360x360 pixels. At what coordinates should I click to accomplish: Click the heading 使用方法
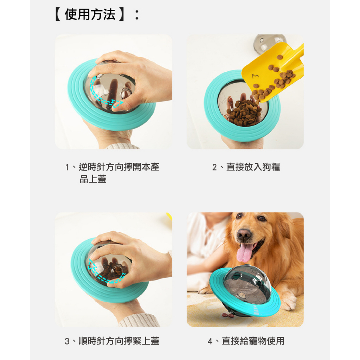(90, 15)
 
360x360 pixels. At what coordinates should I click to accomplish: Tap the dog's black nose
(244, 234)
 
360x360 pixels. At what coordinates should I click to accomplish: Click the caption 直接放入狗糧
(253, 167)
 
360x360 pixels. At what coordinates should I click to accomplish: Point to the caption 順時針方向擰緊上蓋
(117, 341)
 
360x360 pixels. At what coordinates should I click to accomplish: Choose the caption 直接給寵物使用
(253, 341)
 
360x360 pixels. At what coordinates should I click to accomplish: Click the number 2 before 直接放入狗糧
(215, 167)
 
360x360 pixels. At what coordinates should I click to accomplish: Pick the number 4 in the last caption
(210, 341)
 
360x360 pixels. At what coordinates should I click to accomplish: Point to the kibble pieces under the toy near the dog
(229, 315)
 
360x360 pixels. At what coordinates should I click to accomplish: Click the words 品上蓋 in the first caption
(93, 179)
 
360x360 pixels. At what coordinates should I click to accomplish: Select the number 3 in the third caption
(67, 341)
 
